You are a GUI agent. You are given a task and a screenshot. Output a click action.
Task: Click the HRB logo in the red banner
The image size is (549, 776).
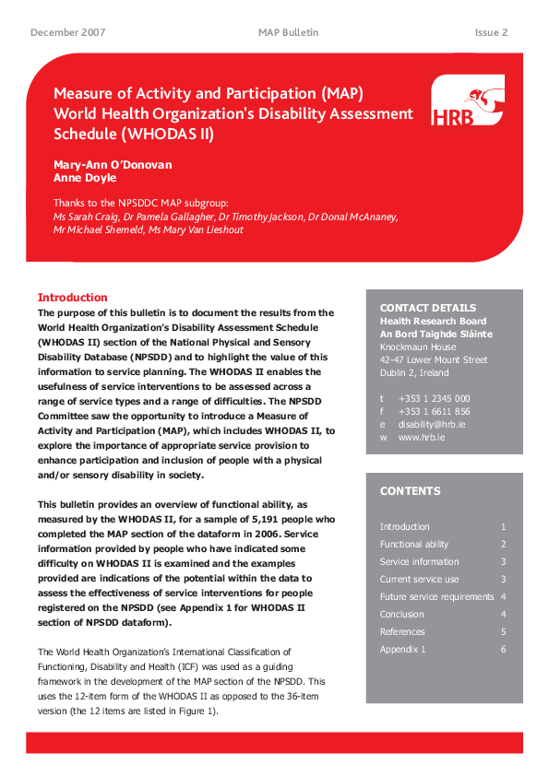click(467, 101)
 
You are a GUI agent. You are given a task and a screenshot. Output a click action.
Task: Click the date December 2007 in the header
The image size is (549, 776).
click(67, 32)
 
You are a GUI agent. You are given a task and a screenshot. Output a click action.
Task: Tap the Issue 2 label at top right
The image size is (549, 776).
click(491, 32)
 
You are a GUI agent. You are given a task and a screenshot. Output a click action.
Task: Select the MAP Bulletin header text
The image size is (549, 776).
click(288, 32)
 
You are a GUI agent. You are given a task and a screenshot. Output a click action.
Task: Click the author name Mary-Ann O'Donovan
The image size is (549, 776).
click(113, 165)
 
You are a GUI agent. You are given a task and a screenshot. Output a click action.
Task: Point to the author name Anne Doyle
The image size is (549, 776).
click(85, 178)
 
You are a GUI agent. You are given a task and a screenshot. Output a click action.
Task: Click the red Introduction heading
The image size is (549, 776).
click(72, 298)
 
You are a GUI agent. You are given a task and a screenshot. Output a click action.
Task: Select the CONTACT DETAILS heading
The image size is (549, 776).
click(428, 308)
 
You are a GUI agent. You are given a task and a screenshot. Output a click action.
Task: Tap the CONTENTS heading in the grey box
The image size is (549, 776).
click(410, 491)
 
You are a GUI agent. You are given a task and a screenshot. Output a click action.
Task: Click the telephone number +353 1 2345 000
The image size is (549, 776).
click(434, 398)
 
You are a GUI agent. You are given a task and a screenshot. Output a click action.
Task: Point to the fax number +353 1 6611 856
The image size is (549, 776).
click(434, 411)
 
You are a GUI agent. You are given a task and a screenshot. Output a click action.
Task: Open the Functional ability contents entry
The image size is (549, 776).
click(414, 545)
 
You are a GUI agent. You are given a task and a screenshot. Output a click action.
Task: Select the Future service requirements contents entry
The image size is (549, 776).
click(436, 597)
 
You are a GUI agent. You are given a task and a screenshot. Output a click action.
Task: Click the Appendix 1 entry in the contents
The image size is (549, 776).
click(402, 650)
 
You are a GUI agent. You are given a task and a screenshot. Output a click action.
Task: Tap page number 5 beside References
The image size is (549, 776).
click(503, 632)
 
